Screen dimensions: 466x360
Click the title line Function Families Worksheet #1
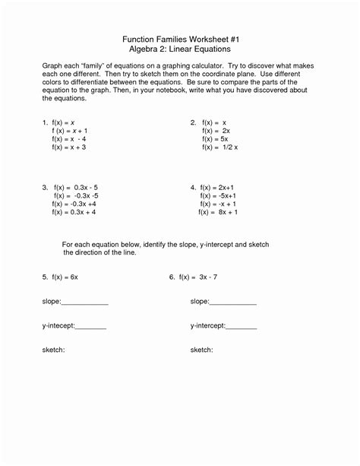[x=180, y=38]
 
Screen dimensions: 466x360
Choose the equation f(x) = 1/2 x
[x=219, y=147]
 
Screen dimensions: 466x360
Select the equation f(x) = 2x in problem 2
[x=216, y=131]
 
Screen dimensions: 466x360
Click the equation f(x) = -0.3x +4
[x=74, y=204]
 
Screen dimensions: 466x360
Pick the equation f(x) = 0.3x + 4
[x=74, y=213]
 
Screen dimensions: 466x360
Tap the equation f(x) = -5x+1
[x=219, y=195]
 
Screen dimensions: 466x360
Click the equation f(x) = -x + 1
[x=219, y=204]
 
